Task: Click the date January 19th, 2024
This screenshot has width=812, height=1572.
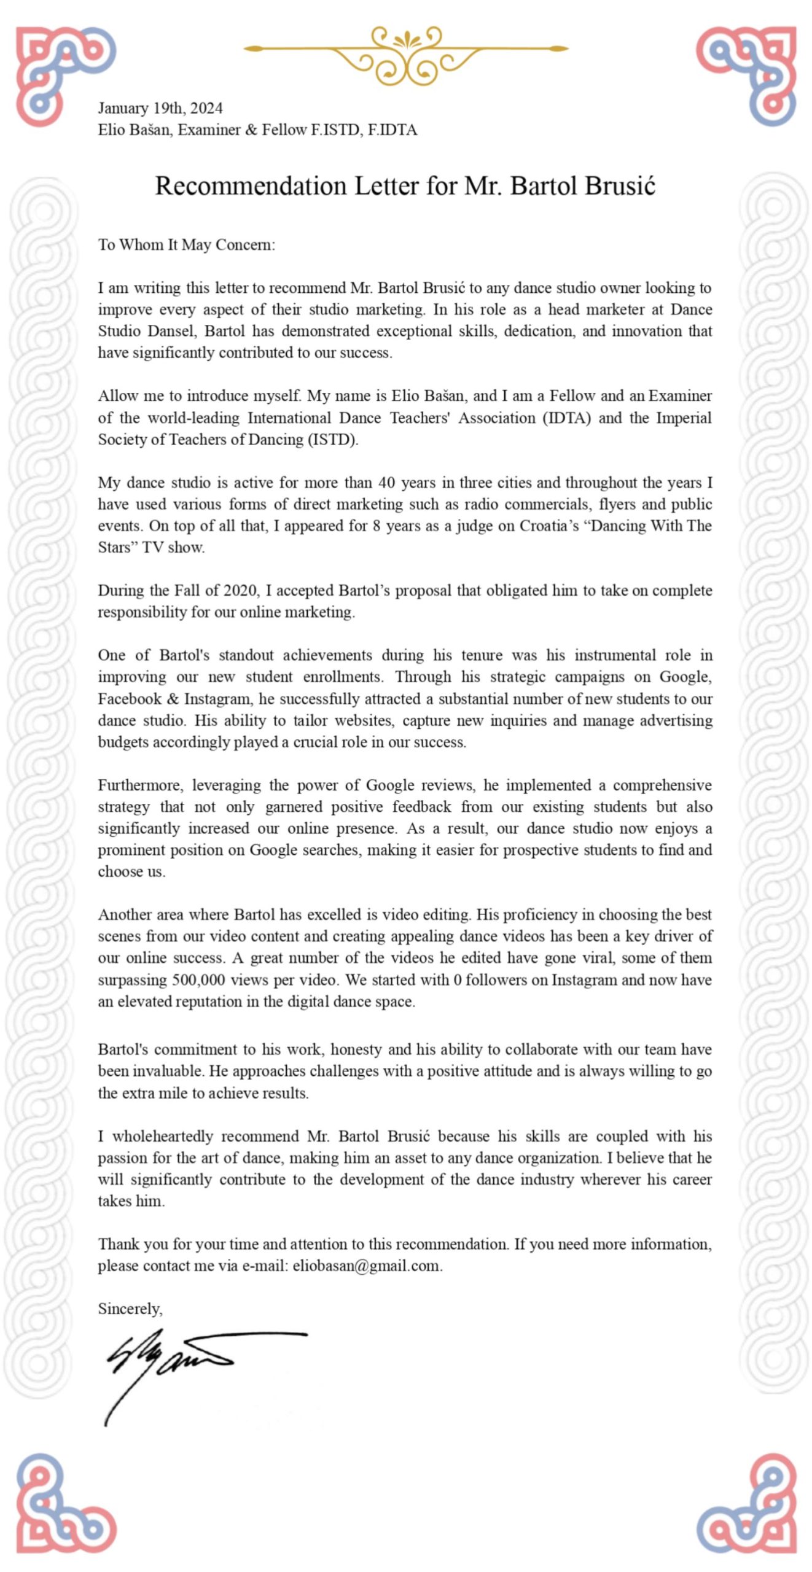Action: coord(160,109)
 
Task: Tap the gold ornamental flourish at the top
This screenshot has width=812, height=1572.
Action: coord(406,53)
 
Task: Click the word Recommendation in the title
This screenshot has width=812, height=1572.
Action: coord(251,186)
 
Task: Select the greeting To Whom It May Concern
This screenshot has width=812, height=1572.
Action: coord(187,245)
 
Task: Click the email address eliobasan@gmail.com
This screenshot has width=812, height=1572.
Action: coord(367,1265)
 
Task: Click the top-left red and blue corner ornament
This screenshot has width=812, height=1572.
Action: coord(64,74)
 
